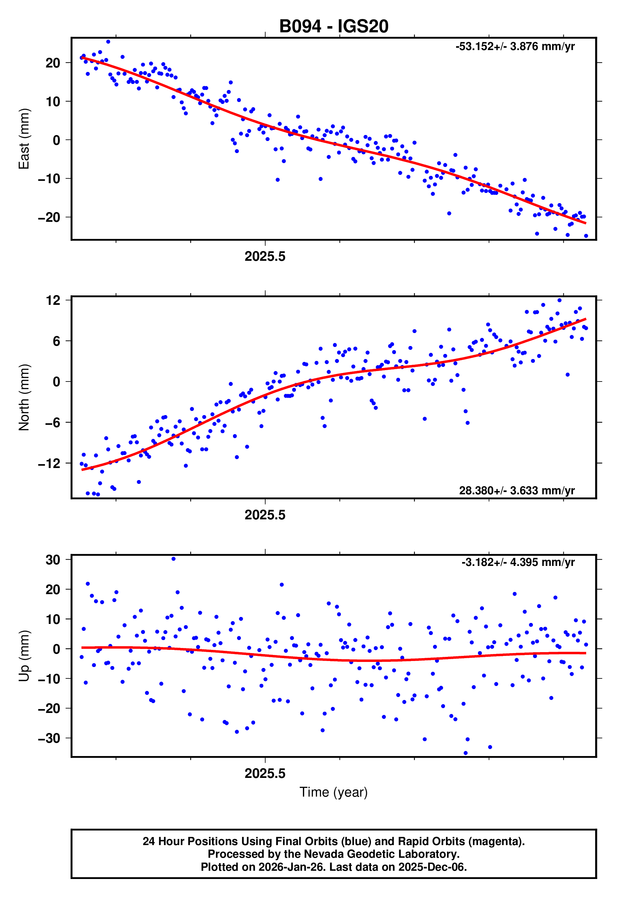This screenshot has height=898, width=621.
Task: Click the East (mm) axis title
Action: point(24,139)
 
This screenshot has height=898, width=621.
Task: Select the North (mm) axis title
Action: point(24,397)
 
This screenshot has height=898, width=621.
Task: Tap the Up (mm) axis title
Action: point(24,656)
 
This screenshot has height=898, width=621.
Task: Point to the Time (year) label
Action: point(334,792)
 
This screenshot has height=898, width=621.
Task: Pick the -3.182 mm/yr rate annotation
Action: point(518,562)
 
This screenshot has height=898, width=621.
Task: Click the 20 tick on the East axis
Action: point(53,63)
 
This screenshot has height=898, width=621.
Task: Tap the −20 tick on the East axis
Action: point(49,217)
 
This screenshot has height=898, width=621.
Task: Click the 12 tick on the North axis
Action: point(53,300)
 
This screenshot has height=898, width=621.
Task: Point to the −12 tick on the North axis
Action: point(49,463)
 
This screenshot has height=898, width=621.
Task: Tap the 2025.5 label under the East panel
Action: point(265,256)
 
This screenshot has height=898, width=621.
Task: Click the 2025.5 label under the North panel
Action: point(265,515)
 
